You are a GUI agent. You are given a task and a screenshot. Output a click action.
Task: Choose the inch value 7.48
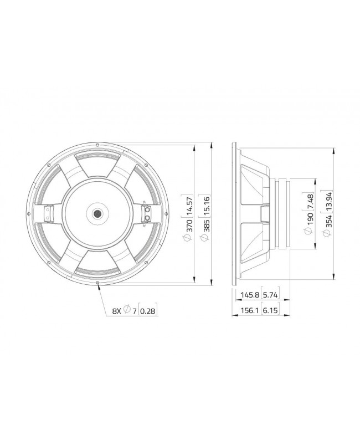(x=310, y=206)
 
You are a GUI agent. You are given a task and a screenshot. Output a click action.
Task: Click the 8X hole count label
(x=116, y=311)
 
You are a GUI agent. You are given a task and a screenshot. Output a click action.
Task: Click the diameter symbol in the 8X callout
(x=127, y=311)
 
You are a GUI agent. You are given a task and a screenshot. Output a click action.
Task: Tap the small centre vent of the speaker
(x=97, y=214)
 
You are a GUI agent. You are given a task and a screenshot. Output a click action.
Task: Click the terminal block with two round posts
(x=147, y=214)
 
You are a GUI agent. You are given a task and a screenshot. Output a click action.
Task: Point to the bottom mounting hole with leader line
(x=98, y=283)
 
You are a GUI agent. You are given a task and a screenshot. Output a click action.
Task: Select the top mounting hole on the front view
(x=97, y=145)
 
